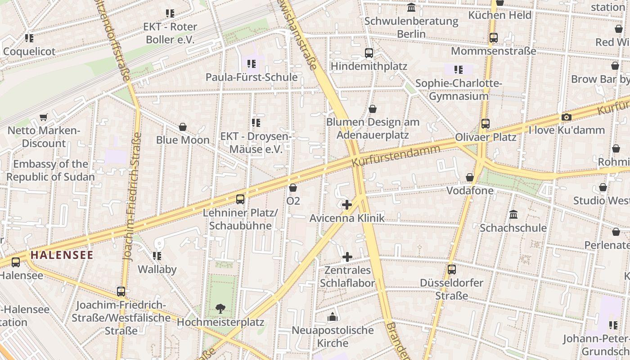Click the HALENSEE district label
click(x=62, y=255)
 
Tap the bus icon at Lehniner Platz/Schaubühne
click(x=240, y=199)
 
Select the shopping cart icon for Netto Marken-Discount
click(x=44, y=117)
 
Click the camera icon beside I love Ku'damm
click(x=566, y=117)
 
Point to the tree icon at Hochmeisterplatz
click(x=220, y=308)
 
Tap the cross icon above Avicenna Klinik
click(x=346, y=205)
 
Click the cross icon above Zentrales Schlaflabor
click(x=347, y=257)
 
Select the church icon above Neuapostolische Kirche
click(x=333, y=317)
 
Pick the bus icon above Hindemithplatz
click(x=369, y=53)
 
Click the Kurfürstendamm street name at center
click(x=396, y=156)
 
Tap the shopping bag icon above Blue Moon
click(x=183, y=127)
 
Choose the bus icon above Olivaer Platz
click(x=485, y=123)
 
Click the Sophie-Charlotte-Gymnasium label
click(x=459, y=90)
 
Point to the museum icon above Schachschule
click(x=513, y=214)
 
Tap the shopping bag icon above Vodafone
click(x=470, y=177)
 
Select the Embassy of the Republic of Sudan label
click(x=50, y=170)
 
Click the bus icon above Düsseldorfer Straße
click(x=452, y=270)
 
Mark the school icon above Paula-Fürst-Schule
click(x=252, y=64)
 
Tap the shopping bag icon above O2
click(x=293, y=188)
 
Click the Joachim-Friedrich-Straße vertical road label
click(x=134, y=197)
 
